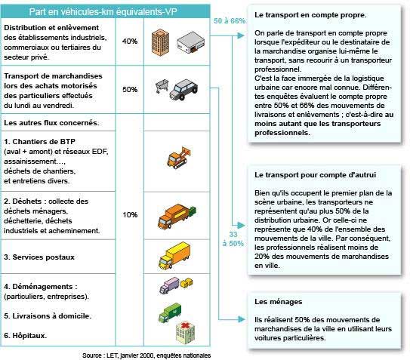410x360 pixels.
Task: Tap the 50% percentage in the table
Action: (130, 89)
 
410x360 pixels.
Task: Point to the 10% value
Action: (130, 215)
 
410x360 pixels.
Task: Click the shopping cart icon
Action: (162, 88)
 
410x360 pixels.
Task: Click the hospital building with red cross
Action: (186, 331)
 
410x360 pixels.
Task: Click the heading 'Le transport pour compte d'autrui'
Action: (304, 174)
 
